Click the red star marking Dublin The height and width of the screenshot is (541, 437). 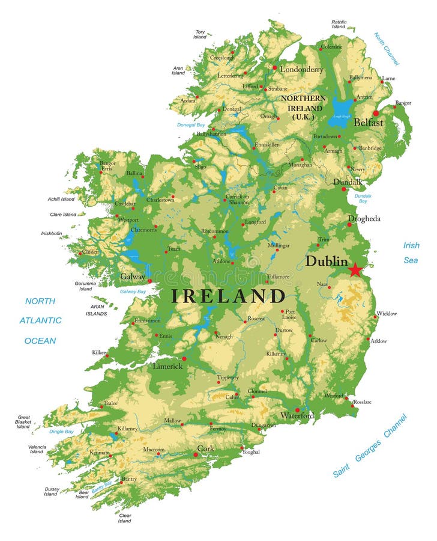coord(356,269)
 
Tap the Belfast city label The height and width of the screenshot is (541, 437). coord(369,123)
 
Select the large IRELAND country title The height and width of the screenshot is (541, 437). coord(228,296)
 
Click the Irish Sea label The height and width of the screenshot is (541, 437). coord(411,252)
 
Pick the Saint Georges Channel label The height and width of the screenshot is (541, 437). coord(370,446)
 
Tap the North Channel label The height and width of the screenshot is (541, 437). coord(387,48)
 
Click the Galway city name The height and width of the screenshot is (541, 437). coord(133,277)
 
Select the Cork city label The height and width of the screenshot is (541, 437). coord(205,448)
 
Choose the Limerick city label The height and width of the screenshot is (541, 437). coord(167,366)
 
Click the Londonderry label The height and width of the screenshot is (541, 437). coord(302,69)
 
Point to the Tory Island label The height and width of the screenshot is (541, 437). coord(200,34)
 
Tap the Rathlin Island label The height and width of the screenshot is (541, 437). coord(339,25)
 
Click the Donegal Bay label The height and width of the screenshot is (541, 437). coord(191,125)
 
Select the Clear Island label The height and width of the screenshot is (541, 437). coord(125,518)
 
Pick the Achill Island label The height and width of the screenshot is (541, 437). coord(62,199)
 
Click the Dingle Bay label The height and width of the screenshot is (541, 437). coord(62,432)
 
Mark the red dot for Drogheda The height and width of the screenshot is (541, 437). coord(349,225)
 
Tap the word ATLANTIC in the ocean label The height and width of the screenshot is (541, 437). coord(40,320)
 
